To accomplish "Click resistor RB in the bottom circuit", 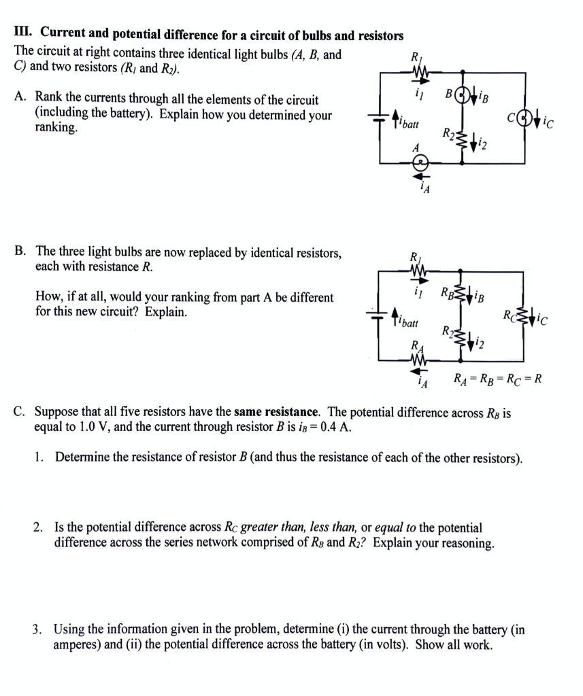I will [461, 296].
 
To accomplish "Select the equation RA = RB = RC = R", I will [497, 379].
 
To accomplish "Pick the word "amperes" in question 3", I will [77, 644].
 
